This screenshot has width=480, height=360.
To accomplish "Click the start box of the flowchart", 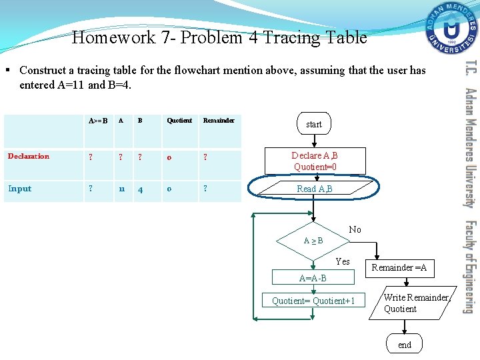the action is [x=313, y=124].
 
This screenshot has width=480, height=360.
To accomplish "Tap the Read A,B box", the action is [x=315, y=189].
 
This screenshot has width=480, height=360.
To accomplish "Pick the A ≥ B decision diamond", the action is [x=313, y=240].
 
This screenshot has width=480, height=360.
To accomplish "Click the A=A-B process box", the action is [x=313, y=278].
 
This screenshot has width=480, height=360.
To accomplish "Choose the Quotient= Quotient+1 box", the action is [x=313, y=301].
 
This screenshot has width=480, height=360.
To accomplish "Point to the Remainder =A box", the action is [x=399, y=267].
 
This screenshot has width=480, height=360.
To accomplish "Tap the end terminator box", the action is [x=405, y=344].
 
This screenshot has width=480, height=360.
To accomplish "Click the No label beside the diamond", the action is [x=355, y=229].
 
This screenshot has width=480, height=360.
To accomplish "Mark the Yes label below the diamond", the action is [x=343, y=261].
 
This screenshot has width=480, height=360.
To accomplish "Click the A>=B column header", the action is [x=98, y=121].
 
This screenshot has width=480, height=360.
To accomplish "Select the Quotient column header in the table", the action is [x=179, y=121].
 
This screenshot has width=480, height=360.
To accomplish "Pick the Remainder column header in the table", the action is [x=219, y=121].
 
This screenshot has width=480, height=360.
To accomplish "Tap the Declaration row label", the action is [x=28, y=156].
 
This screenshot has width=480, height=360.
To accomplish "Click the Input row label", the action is [x=19, y=189].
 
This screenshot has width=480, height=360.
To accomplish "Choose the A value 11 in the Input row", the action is [x=122, y=189].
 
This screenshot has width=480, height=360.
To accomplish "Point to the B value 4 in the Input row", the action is [x=140, y=189].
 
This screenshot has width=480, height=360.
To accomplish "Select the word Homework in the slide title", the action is [x=114, y=37].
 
